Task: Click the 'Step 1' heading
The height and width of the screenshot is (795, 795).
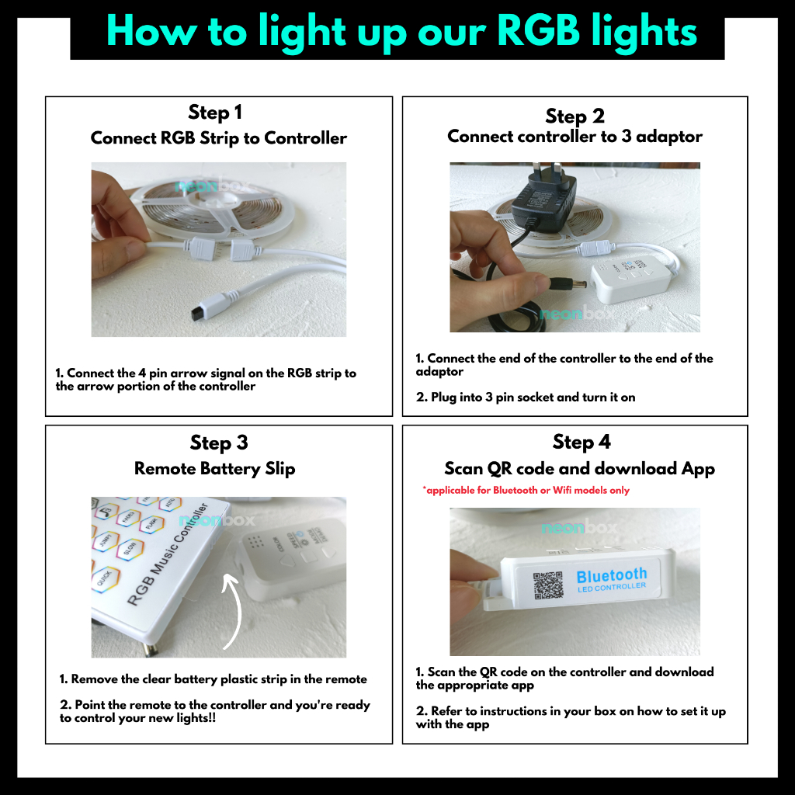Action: tap(215, 112)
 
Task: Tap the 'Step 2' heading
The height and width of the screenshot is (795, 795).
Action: tap(575, 116)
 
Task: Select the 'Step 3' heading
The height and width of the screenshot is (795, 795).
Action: tap(219, 443)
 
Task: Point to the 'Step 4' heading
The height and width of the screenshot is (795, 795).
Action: tap(581, 442)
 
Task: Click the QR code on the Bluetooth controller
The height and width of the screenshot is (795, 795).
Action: tap(548, 585)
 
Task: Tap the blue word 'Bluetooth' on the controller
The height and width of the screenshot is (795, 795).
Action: tap(612, 575)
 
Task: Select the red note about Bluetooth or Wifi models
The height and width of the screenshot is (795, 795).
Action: tap(526, 490)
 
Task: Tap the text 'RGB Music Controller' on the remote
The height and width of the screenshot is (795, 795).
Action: tap(168, 554)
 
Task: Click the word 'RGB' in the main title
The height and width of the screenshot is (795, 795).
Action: tap(539, 30)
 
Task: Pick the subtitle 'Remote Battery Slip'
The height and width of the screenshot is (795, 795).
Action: tap(214, 468)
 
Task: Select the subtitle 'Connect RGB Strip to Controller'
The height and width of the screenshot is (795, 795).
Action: tap(218, 138)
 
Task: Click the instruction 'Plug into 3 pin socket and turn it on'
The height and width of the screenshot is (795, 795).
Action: tap(533, 397)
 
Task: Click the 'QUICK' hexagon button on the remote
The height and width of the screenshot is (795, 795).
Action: tap(105, 579)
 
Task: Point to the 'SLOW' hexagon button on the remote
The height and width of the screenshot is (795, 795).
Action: tap(130, 549)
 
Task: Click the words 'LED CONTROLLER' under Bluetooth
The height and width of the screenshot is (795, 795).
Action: tap(612, 588)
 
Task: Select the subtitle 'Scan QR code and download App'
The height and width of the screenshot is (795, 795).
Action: tap(579, 468)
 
